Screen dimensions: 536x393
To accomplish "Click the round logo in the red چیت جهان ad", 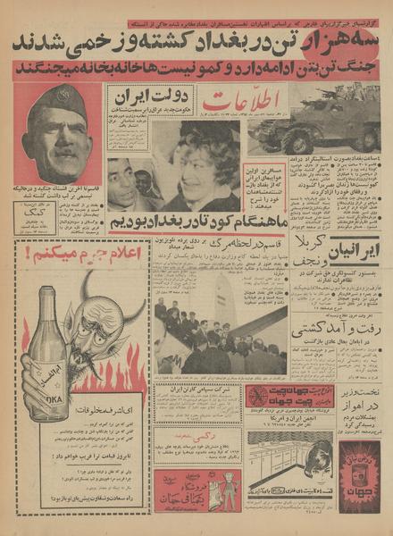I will [258, 396].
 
